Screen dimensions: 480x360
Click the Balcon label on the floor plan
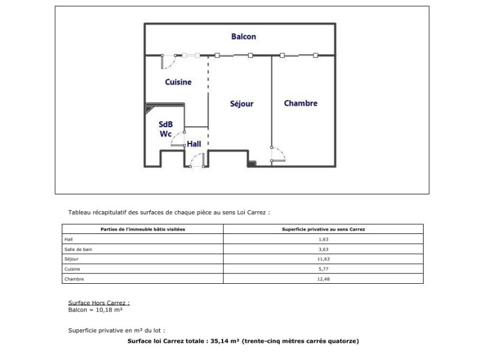[244, 37]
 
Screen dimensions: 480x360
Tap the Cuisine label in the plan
[178, 82]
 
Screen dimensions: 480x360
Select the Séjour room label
[242, 104]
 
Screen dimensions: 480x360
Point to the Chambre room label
[301, 103]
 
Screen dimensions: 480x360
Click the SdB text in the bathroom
[166, 124]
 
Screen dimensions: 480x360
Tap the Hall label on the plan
[194, 144]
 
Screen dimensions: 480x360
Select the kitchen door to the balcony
[169, 62]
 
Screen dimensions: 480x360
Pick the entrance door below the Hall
[197, 160]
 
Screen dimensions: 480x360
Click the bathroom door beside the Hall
[178, 139]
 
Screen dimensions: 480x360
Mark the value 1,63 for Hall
[323, 239]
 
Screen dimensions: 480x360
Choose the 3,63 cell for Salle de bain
[323, 250]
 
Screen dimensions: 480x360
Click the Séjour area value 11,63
[323, 259]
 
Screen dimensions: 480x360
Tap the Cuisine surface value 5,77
[323, 269]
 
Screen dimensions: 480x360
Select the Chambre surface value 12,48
[323, 279]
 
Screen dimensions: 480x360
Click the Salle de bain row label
[78, 250]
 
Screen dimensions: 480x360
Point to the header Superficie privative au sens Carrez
[323, 229]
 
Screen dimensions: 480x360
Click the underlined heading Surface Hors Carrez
[99, 303]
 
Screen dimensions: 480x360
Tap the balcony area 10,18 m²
[109, 310]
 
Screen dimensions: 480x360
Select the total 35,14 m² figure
[224, 341]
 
